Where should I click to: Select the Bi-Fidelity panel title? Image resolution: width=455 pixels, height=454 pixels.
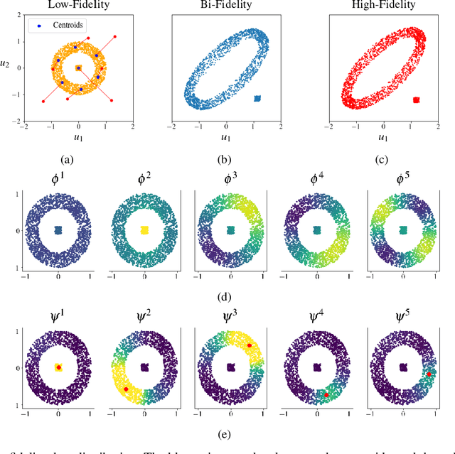(226, 6)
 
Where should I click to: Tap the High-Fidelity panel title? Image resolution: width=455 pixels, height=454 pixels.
(382, 6)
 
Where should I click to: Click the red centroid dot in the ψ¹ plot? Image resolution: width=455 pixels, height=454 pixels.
(58, 368)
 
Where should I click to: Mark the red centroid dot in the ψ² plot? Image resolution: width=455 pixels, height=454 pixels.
(127, 389)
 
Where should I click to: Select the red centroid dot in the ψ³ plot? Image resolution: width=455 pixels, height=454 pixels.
(250, 346)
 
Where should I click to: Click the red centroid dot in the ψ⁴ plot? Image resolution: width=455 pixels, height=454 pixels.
(326, 395)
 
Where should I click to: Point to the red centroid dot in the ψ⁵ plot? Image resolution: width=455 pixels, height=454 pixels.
(429, 373)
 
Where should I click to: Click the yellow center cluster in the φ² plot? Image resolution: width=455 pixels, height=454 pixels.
(144, 230)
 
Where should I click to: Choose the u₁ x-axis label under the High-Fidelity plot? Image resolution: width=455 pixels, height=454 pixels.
(382, 137)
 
